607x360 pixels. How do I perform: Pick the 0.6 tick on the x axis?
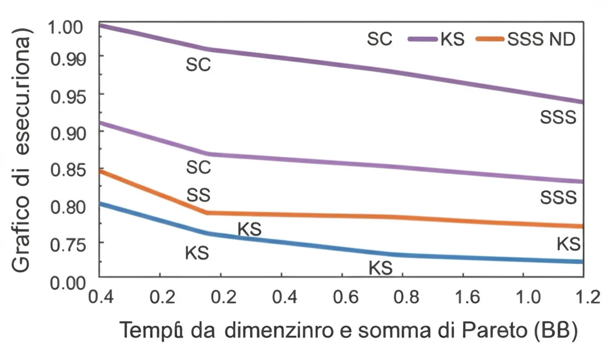(341, 296)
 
